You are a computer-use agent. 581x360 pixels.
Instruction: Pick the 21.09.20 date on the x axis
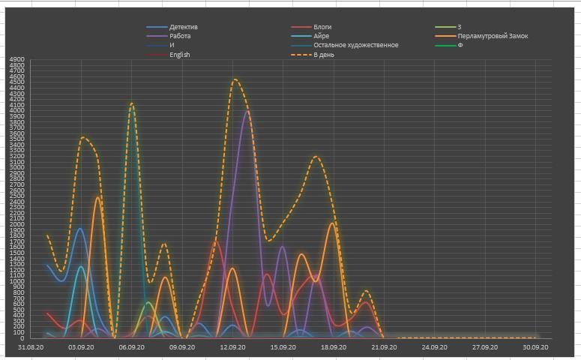[x=384, y=347]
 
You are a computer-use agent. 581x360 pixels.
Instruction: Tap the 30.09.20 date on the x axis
[x=535, y=347]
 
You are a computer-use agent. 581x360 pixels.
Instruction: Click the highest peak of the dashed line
[x=235, y=79]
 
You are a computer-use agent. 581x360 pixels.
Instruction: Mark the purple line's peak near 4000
[x=247, y=112]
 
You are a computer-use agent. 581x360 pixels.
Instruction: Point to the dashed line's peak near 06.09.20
[x=132, y=103]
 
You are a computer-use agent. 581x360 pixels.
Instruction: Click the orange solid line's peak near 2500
[x=97, y=197]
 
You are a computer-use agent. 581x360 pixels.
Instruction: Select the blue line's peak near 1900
[x=80, y=229]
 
